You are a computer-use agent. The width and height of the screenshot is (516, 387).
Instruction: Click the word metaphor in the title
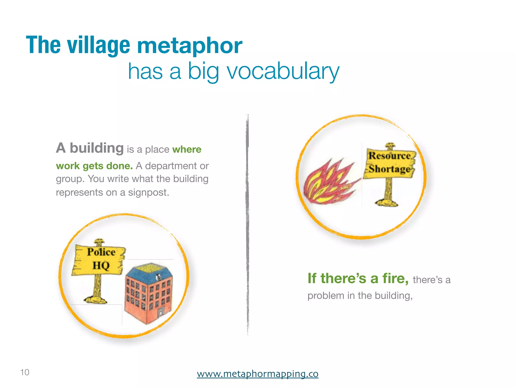pyautogui.click(x=189, y=45)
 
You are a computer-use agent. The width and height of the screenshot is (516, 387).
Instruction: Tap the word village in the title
pyautogui.click(x=99, y=45)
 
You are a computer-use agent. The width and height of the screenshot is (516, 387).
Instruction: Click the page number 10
pyautogui.click(x=25, y=372)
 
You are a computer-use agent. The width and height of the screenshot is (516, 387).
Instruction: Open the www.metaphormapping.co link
pyautogui.click(x=257, y=373)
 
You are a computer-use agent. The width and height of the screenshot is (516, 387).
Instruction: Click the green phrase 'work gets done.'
pyautogui.click(x=94, y=166)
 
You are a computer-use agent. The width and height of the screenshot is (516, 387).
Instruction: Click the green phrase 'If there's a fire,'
pyautogui.click(x=358, y=278)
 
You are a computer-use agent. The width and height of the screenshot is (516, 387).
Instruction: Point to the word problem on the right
pyautogui.click(x=326, y=296)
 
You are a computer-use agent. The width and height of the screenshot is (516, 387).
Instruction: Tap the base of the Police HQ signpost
pyautogui.click(x=96, y=300)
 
